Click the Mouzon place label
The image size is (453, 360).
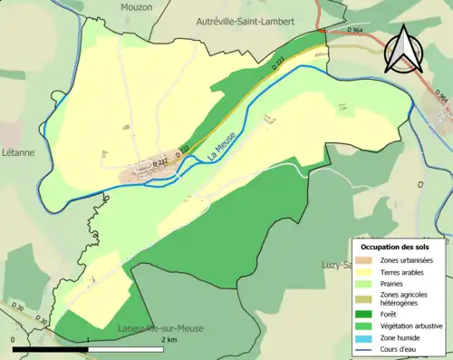click(x=137, y=6)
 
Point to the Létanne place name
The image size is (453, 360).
click(x=17, y=152)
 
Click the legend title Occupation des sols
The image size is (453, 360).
click(x=395, y=246)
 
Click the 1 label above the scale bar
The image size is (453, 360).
click(x=87, y=339)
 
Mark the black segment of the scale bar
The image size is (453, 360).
click(x=50, y=348)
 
